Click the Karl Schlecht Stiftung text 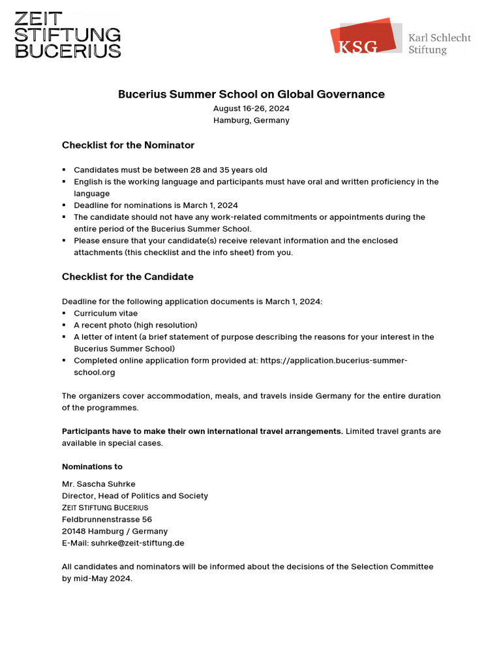439,44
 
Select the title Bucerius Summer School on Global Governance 251,94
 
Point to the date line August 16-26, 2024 251,108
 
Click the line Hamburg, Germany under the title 251,120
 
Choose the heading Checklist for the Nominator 128,145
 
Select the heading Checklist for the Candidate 128,277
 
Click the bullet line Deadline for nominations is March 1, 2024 155,205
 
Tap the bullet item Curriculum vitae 106,313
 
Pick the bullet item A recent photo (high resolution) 135,325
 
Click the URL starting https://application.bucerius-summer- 333,360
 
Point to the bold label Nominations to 92,466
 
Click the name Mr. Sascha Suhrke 98,483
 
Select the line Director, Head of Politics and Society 135,496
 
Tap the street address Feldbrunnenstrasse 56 107,519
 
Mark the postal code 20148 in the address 74,531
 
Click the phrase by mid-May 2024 97,579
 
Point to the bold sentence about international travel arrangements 202,431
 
